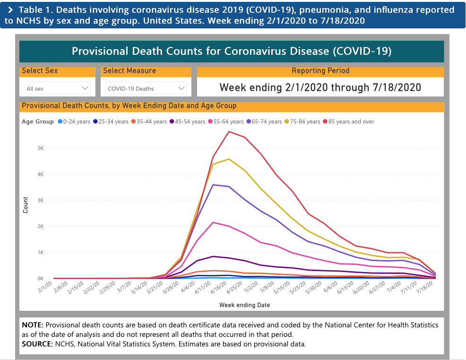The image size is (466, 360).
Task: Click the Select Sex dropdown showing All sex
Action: [57, 88]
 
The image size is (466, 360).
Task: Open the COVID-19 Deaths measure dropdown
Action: [146, 88]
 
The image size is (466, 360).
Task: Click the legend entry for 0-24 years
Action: [74, 122]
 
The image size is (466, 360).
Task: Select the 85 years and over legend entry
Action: [349, 122]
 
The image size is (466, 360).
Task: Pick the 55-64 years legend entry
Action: [226, 122]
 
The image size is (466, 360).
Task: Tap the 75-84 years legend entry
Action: [302, 122]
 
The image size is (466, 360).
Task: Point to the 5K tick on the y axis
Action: [41, 148]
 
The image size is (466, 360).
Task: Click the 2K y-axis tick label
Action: [41, 227]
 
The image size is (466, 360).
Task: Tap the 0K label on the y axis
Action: [41, 279]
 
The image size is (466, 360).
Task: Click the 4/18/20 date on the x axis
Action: [218, 288]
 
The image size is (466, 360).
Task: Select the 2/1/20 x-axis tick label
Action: [45, 287]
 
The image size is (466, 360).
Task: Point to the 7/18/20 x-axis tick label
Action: [424, 288]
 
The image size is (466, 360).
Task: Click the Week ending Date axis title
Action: [245, 305]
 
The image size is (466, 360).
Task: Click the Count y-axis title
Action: [25, 205]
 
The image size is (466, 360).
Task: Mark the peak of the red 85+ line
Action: [229, 132]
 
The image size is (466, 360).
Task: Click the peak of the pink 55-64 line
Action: [213, 222]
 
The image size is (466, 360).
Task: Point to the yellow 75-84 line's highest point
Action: [229, 159]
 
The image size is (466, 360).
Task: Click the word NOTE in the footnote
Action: [33, 325]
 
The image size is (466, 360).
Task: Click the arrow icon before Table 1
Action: [10, 10]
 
